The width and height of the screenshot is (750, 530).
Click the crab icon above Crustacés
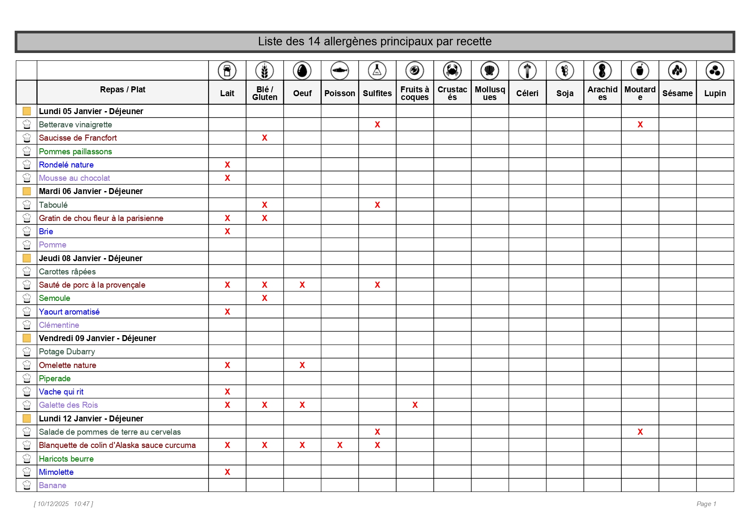click(x=452, y=71)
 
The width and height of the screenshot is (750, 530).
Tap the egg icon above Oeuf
click(x=302, y=71)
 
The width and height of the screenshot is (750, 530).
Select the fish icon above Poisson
click(x=340, y=71)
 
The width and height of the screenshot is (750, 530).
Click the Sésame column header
click(x=677, y=93)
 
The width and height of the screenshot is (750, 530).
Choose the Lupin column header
click(x=715, y=93)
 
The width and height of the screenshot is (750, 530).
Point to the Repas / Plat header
click(x=123, y=89)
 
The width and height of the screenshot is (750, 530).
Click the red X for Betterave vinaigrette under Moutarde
click(x=640, y=124)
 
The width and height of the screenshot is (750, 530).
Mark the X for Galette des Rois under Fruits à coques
click(x=415, y=405)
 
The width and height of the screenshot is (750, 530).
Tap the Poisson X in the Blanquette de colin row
click(x=340, y=445)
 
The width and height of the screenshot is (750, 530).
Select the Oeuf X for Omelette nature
click(x=302, y=365)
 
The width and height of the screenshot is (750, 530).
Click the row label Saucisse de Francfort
click(x=78, y=138)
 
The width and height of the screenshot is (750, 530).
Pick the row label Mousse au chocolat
click(x=74, y=178)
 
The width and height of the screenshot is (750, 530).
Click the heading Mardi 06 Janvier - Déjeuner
click(x=91, y=191)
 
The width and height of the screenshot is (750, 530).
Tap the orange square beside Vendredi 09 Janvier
click(x=26, y=338)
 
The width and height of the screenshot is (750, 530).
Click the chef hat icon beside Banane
click(x=26, y=485)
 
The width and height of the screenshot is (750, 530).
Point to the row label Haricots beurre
click(x=66, y=459)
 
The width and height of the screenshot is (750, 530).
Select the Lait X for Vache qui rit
click(x=227, y=392)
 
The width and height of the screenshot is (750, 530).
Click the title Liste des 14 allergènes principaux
click(x=375, y=41)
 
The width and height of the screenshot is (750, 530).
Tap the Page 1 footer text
click(x=706, y=504)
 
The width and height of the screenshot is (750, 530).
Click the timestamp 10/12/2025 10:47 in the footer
click(x=64, y=504)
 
